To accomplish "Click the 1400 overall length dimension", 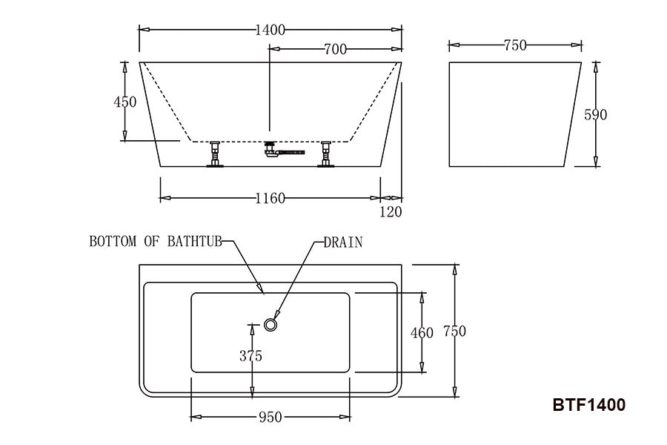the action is pyautogui.click(x=270, y=30).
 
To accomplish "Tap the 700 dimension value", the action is pyautogui.click(x=336, y=50).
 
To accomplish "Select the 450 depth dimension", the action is pyautogui.click(x=125, y=102).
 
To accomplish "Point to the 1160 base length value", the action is pyautogui.click(x=270, y=199).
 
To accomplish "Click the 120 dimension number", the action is pyautogui.click(x=391, y=211).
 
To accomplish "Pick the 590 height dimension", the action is pyautogui.click(x=596, y=114).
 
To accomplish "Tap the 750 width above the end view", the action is pyautogui.click(x=515, y=45).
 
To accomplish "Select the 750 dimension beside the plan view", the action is pyautogui.click(x=455, y=331).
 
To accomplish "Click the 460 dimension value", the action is pyautogui.click(x=422, y=332).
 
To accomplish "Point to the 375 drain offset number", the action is pyautogui.click(x=251, y=355).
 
